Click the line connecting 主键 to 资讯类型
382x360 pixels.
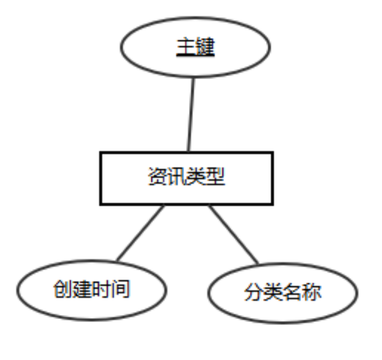pyautogui.click(x=190, y=115)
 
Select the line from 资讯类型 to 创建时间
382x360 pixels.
pyautogui.click(x=140, y=233)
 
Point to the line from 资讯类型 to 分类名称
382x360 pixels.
pyautogui.click(x=233, y=234)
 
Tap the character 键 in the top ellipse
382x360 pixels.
pyautogui.click(x=204, y=48)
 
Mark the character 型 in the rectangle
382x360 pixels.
pyautogui.click(x=215, y=177)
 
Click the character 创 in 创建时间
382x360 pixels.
pyautogui.click(x=62, y=289)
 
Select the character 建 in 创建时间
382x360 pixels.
pyautogui.click(x=81, y=289)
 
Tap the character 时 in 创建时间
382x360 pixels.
pyautogui.click(x=101, y=289)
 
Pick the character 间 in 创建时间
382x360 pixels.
pyautogui.click(x=120, y=289)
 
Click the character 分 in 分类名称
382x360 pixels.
pyautogui.click(x=253, y=292)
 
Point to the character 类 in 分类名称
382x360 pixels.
pyautogui.click(x=272, y=292)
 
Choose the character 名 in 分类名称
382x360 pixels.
pyautogui.click(x=292, y=292)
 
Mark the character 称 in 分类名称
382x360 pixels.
pyautogui.click(x=311, y=292)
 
